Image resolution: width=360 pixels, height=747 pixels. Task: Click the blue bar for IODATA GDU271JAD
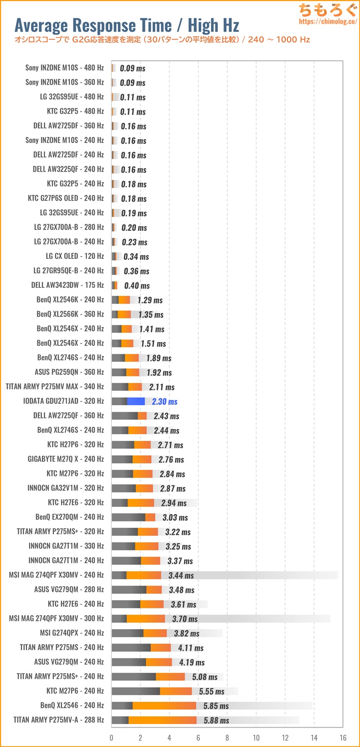(x=136, y=401)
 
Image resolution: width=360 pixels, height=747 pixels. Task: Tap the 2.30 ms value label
(x=165, y=402)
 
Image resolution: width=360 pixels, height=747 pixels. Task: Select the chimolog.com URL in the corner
(x=328, y=21)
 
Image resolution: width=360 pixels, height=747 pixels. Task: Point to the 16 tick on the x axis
(x=343, y=738)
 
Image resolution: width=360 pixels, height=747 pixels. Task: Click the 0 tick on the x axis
(x=112, y=738)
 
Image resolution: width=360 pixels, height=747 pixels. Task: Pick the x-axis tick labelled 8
(x=227, y=738)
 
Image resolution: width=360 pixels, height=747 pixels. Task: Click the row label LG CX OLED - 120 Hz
(x=75, y=256)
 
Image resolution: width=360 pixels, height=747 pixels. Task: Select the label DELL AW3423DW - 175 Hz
(x=67, y=285)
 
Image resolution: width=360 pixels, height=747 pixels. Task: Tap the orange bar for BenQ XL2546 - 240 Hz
(x=164, y=706)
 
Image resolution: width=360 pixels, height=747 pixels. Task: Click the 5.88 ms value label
(x=216, y=720)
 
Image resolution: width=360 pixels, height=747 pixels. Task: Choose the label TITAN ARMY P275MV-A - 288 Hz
(x=58, y=720)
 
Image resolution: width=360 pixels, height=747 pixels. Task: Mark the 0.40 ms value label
(x=137, y=285)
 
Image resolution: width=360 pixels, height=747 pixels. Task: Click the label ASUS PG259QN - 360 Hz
(x=69, y=372)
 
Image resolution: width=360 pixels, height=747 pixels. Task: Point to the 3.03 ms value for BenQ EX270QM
(x=175, y=517)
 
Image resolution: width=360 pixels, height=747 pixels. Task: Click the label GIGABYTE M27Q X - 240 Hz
(x=66, y=459)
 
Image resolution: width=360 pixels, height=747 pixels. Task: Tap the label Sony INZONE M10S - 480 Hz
(x=64, y=68)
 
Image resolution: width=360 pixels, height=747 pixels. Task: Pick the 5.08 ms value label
(x=205, y=677)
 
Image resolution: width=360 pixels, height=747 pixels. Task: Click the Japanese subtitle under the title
(x=162, y=40)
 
